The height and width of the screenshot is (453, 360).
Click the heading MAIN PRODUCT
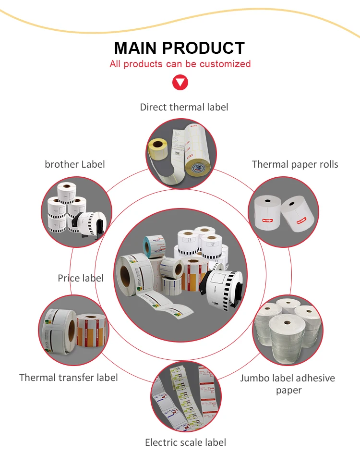click(180, 48)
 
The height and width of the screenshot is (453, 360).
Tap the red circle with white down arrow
click(180, 83)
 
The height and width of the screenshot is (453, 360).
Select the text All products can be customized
click(180, 64)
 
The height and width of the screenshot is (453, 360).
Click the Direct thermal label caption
click(184, 107)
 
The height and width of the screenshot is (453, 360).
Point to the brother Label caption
click(74, 164)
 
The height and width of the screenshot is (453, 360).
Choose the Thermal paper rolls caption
click(295, 164)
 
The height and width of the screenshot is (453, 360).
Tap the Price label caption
click(80, 278)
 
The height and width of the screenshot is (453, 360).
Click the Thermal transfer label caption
click(68, 378)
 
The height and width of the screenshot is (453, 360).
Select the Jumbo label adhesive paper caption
click(287, 383)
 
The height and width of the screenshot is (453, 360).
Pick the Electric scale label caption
click(185, 442)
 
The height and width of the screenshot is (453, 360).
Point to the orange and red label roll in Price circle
click(93, 331)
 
